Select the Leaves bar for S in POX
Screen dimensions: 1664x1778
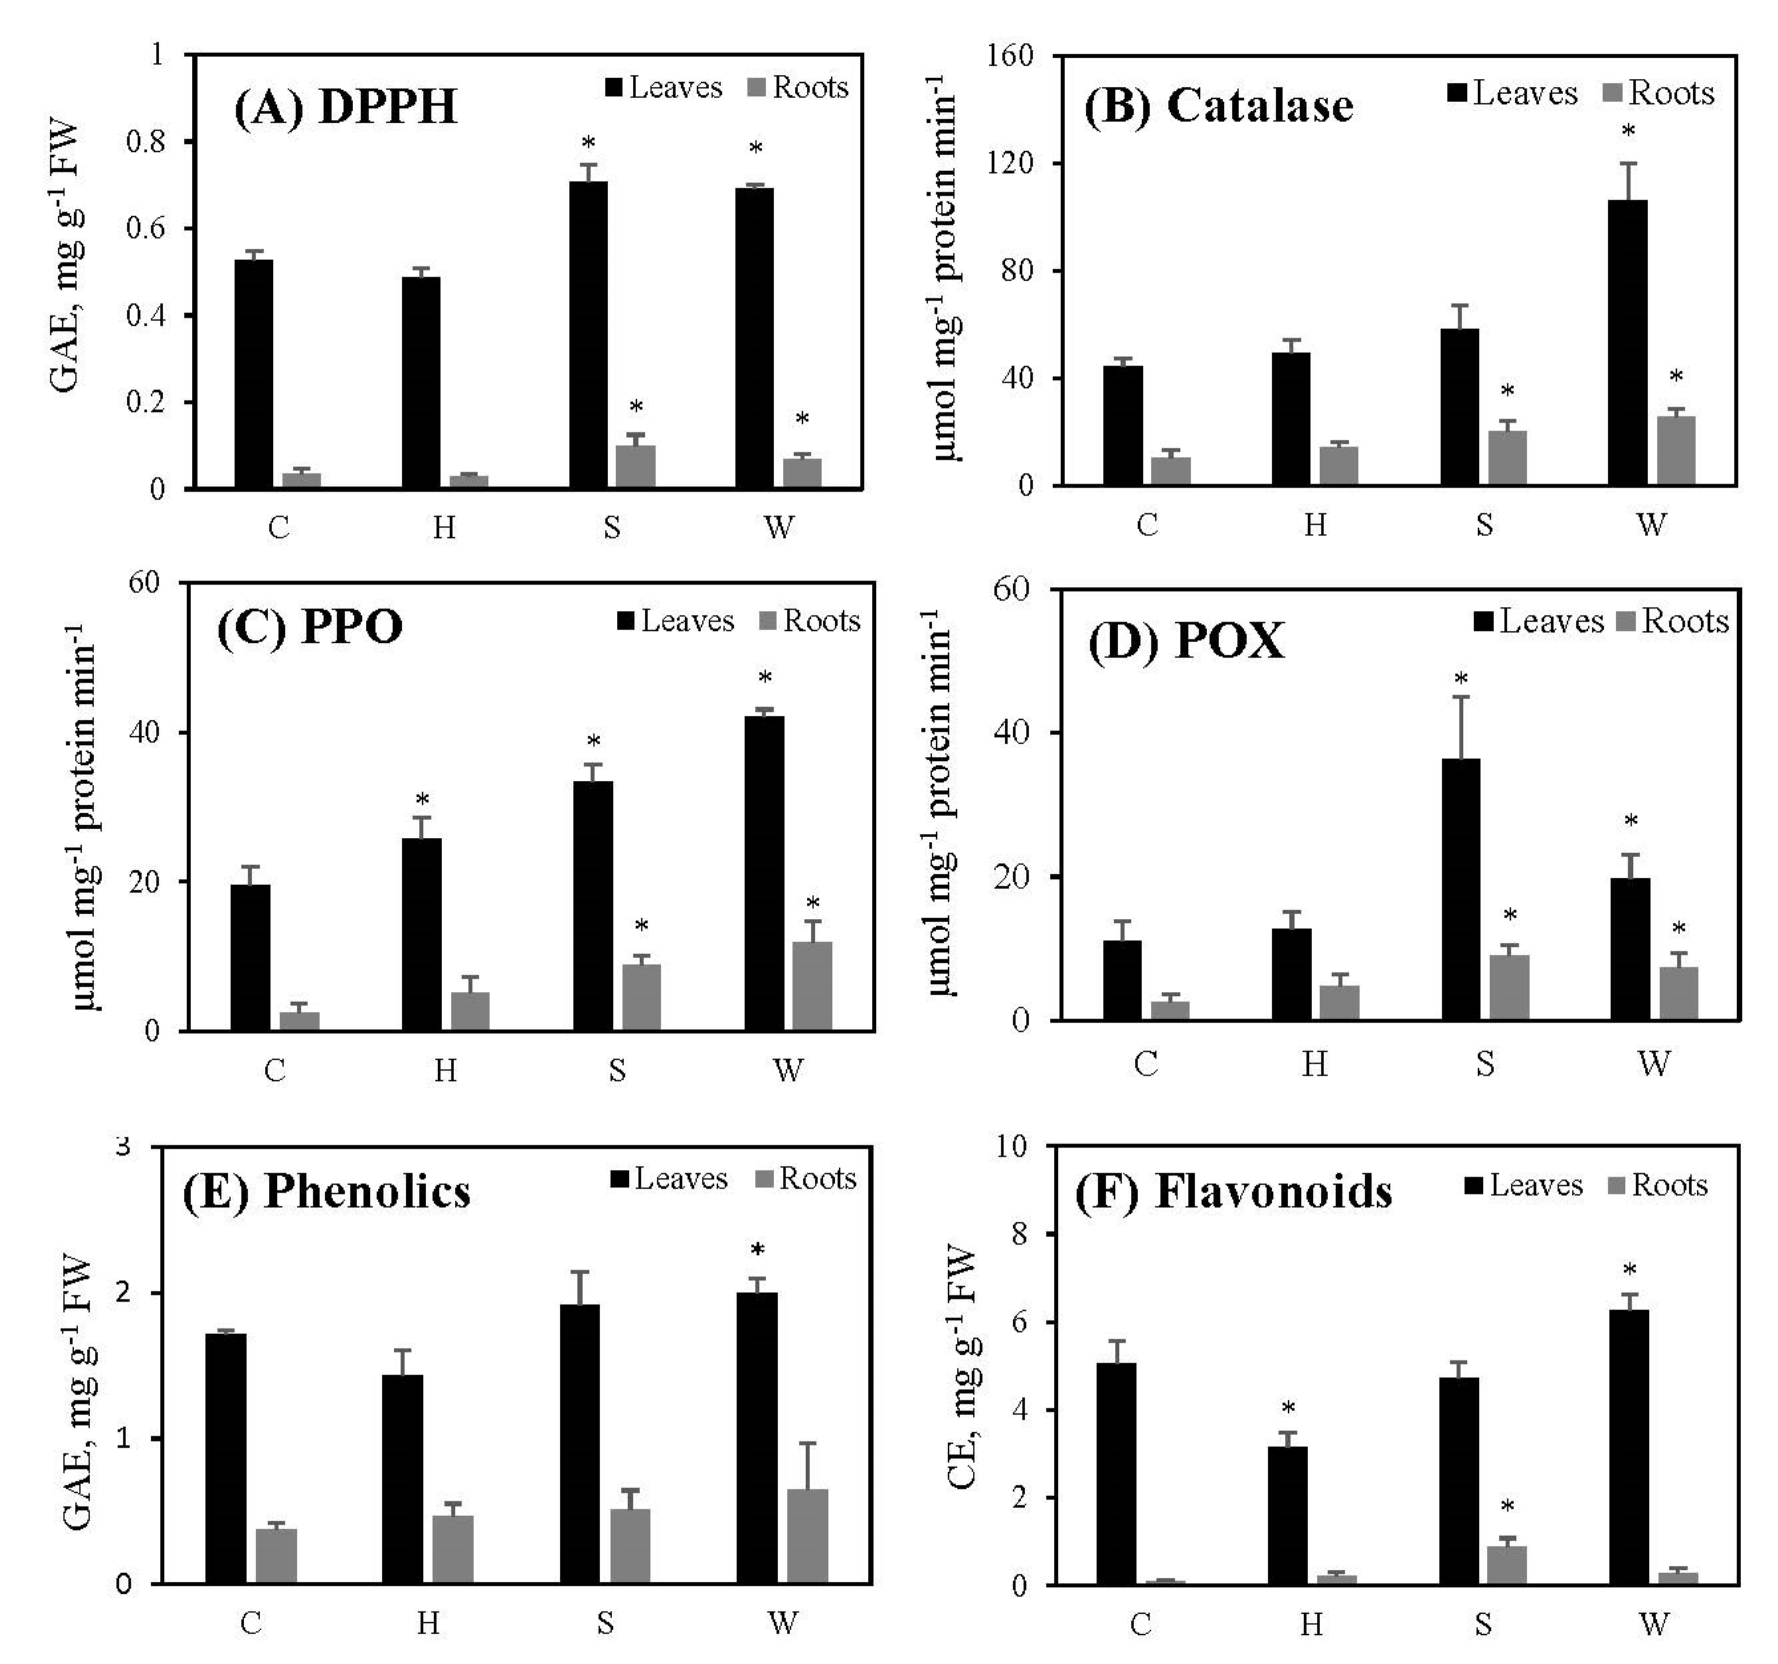click(1461, 890)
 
